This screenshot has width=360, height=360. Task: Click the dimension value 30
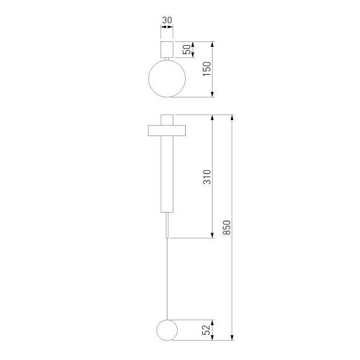pos(167,21)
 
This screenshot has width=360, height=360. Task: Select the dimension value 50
pos(187,49)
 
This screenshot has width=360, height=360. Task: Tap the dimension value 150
pos(207,69)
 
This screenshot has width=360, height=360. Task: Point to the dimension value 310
pos(207,176)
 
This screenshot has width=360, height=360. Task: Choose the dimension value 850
pos(227,227)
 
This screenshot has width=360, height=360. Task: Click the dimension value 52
pos(207,330)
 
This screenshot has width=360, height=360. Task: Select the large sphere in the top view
pos(167,78)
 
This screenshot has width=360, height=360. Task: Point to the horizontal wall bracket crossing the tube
pos(167,130)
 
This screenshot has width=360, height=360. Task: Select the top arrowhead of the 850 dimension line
pos(232,118)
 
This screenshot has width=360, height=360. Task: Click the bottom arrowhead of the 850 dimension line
pos(232,338)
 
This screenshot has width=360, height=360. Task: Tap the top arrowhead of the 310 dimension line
pos(213,118)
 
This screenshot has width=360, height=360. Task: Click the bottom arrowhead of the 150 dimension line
pos(213,94)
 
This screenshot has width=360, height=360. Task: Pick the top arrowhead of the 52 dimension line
pos(213,322)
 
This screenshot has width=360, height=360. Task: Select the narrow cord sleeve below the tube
pos(167,224)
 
